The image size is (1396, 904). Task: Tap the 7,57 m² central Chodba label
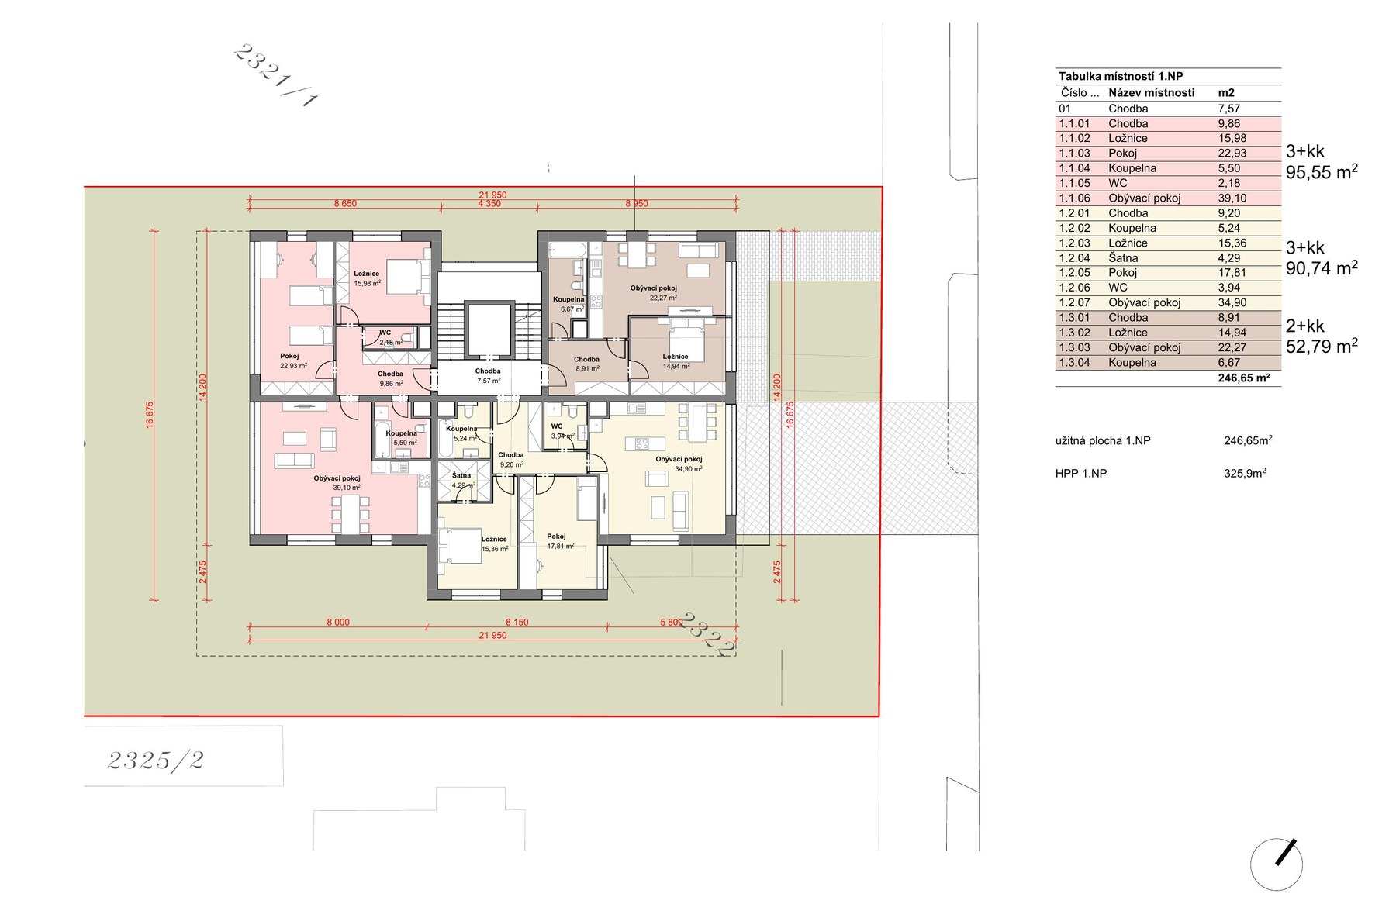tap(488, 376)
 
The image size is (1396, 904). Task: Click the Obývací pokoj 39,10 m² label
tap(337, 483)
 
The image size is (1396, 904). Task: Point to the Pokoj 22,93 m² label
tap(294, 361)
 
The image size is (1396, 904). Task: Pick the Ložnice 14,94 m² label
tap(676, 361)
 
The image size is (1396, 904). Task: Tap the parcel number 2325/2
tap(156, 761)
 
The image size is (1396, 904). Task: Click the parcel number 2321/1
tap(275, 75)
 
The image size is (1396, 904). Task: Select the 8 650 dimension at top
tap(345, 203)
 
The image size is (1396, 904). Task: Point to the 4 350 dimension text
tap(489, 203)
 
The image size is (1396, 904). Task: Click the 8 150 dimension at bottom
tap(517, 623)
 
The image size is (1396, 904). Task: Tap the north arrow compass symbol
tap(1277, 863)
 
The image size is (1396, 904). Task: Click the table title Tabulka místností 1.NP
tap(1121, 77)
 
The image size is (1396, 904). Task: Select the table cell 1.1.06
tap(1075, 198)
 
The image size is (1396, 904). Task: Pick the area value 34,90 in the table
tap(1232, 303)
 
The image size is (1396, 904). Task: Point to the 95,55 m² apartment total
tap(1322, 172)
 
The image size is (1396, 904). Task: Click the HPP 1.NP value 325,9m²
tap(1245, 473)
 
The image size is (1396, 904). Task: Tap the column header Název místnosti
tap(1151, 93)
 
